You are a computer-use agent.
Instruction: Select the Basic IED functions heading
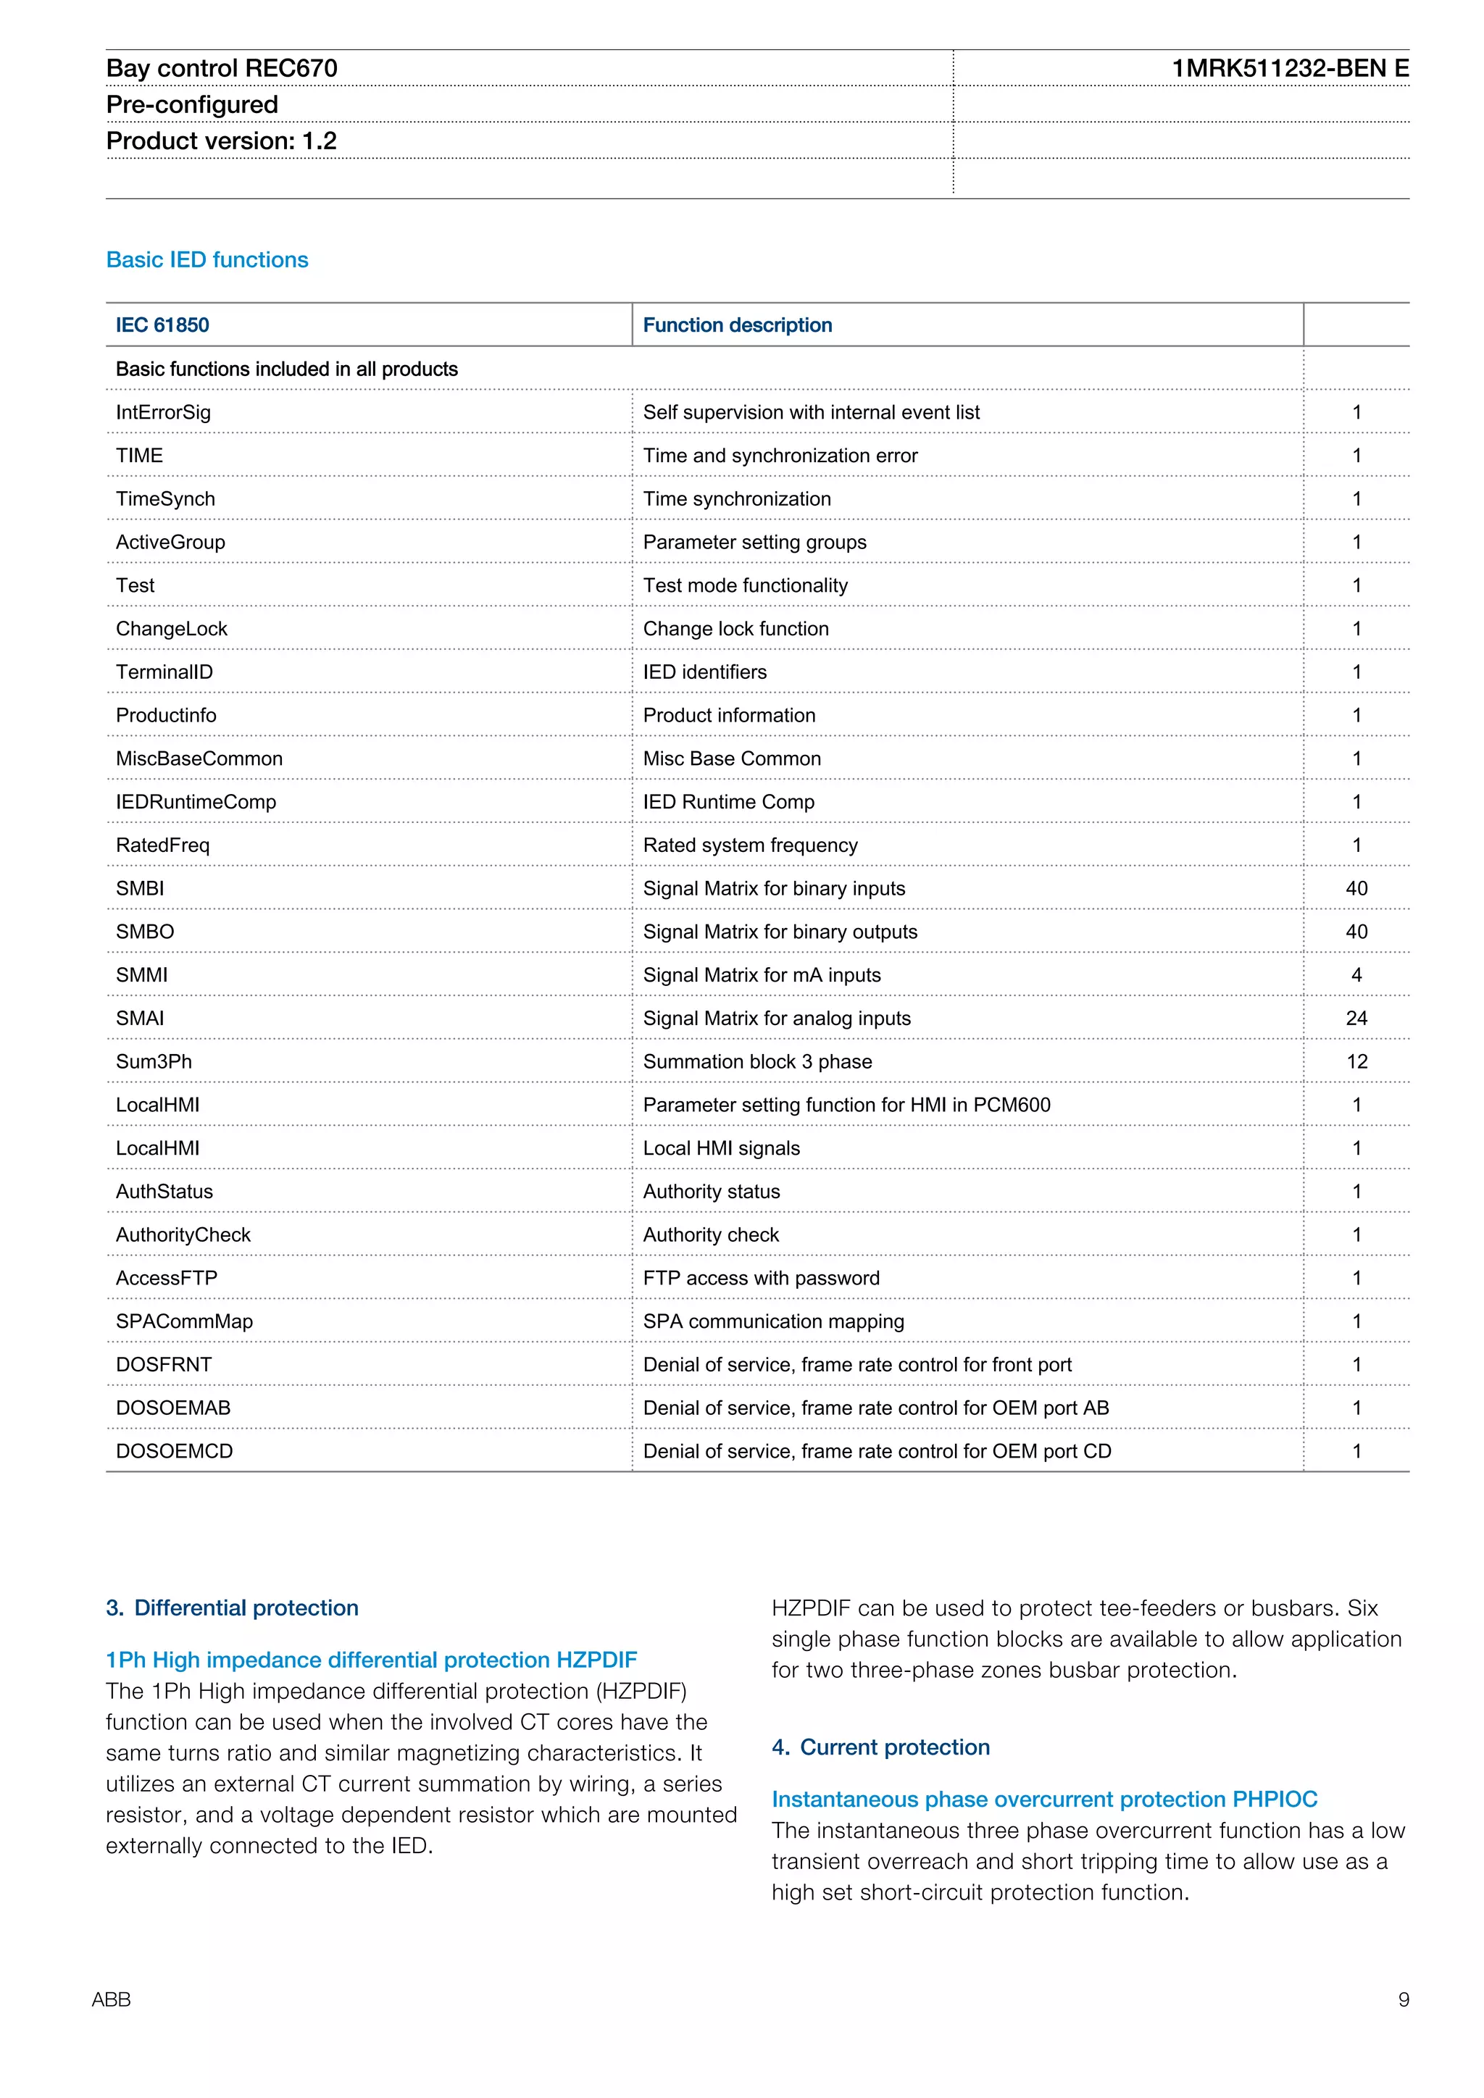[x=207, y=259]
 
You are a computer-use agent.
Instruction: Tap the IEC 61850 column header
[x=162, y=325]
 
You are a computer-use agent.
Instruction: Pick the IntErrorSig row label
[x=162, y=412]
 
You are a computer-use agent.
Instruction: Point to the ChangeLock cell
[x=171, y=629]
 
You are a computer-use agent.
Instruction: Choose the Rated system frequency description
[x=749, y=845]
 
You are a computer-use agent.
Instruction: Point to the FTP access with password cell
[x=760, y=1279]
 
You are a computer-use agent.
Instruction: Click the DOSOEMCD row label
[x=174, y=1451]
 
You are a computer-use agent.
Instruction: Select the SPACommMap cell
[x=183, y=1321]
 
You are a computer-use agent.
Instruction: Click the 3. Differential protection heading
[x=232, y=1608]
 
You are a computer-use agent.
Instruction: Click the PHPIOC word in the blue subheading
[x=1274, y=1800]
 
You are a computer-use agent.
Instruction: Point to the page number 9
[x=1404, y=1999]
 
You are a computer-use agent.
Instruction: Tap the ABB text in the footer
[x=112, y=1999]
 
